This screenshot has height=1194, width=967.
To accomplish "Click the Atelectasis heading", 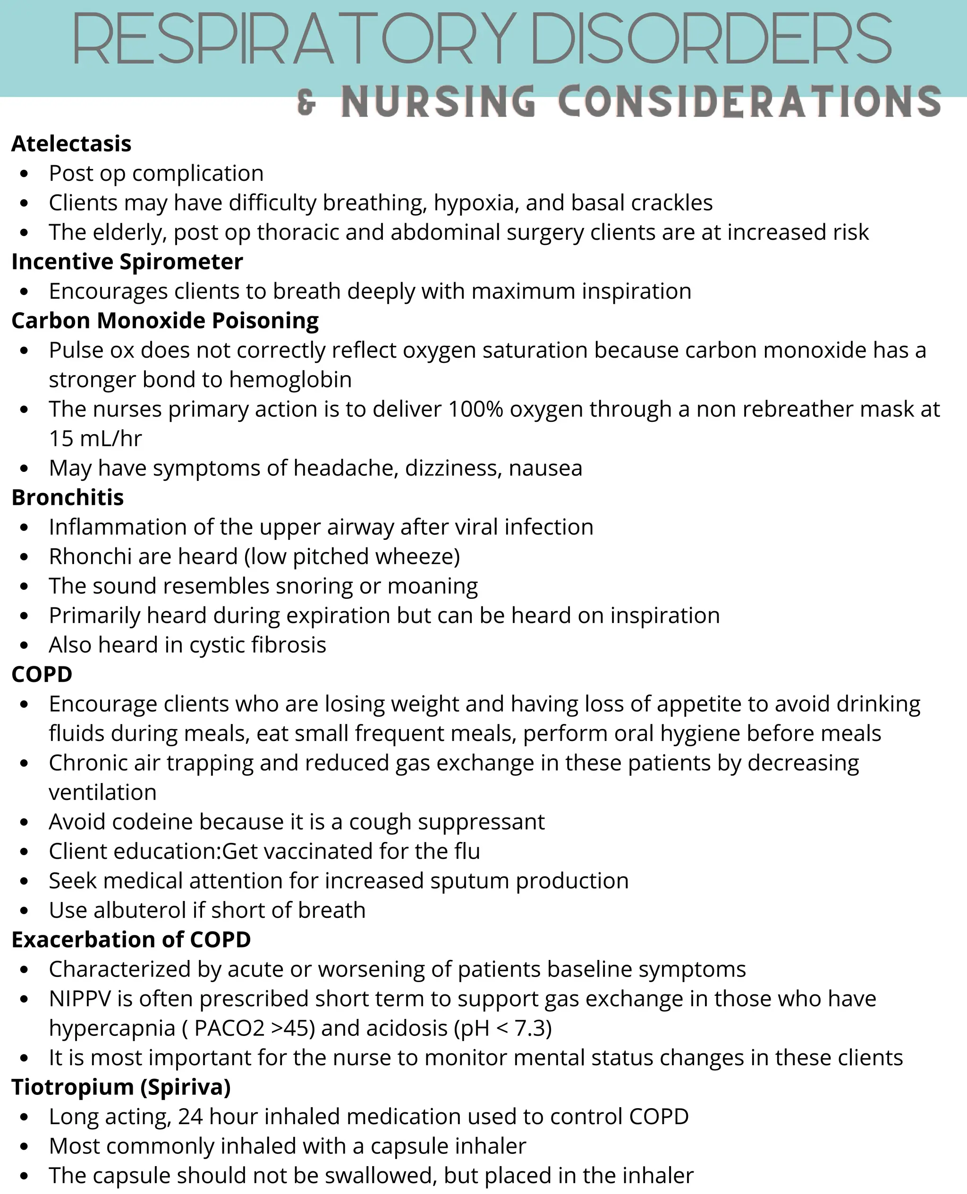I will pos(71,143).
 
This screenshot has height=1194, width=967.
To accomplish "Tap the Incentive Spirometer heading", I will pos(127,261).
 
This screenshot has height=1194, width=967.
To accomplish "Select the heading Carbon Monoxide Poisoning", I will pos(165,320).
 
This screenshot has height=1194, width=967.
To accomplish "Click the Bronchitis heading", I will pos(68,497).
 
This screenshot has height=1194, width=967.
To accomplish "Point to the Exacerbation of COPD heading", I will pos(131,940).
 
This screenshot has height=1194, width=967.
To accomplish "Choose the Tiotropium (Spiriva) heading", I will pos(121,1087).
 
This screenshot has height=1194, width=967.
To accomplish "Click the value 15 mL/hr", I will pos(95,438).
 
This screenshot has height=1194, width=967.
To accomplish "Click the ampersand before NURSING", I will pos(306,103).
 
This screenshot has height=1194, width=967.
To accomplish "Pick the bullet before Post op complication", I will pos(24,174).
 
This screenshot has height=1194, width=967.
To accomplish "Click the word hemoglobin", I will pos(290,379).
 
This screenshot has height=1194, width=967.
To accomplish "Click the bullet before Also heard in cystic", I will pos(24,646).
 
